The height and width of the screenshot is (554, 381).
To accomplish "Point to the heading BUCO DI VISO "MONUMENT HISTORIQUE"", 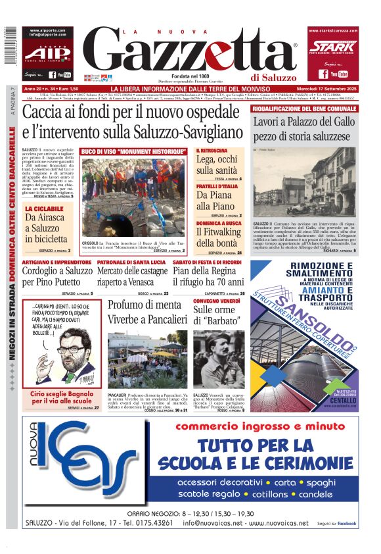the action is click(133, 152).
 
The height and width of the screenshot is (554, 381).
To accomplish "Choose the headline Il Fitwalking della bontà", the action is click(219, 238).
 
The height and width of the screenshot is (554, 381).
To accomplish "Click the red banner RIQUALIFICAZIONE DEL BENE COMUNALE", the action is click(305, 108).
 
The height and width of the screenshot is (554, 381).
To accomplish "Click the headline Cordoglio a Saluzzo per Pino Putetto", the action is click(58, 276).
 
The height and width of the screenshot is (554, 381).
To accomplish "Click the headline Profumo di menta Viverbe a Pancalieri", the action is click(143, 313).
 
